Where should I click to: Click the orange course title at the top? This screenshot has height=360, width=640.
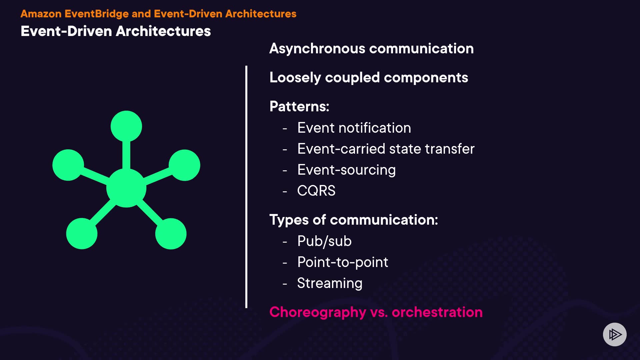coord(158,14)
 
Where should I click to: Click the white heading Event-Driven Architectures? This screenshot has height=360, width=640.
coord(116,31)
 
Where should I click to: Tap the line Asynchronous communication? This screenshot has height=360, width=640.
coord(371,49)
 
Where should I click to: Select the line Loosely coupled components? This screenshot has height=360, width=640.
coord(369,78)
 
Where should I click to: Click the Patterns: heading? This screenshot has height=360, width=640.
coord(299,107)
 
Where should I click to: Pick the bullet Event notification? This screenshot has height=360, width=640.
coord(354,128)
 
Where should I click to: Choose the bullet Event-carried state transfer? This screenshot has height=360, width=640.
coord(386,149)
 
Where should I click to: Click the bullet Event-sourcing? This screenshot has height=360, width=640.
coord(346,170)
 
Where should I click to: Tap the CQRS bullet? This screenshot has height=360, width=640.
coord(316,191)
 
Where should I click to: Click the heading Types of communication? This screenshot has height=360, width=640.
coord(354,220)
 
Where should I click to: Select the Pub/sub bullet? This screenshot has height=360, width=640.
coord(324,241)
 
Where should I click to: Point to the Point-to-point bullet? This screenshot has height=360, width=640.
coord(343,262)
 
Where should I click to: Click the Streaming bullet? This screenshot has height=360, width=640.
coord(330,283)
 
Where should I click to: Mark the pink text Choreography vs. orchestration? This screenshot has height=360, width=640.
coord(376,313)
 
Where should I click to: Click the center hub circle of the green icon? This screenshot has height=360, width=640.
coord(126,188)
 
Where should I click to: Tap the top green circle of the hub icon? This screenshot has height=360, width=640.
coord(126,126)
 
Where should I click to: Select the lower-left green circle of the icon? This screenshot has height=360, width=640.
coord(82,234)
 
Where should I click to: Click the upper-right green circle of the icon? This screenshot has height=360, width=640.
coord(184,165)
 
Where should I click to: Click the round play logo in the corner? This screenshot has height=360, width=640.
coord(615,334)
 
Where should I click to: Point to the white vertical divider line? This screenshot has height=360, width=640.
coord(246,187)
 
